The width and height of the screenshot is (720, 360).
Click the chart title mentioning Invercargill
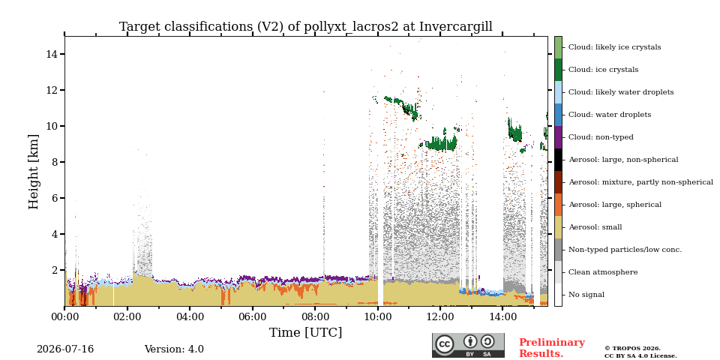click(x=306, y=27)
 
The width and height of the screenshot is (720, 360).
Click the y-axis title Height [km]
click(x=34, y=172)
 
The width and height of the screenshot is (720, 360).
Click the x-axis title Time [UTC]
click(x=305, y=332)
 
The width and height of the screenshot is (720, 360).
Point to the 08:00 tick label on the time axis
click(x=315, y=316)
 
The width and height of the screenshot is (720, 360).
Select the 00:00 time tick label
click(x=64, y=316)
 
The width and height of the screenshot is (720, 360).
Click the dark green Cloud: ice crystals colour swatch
click(x=558, y=70)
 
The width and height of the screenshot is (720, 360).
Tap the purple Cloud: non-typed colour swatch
click(x=558, y=137)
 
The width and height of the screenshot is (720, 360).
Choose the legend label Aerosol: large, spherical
click(x=615, y=205)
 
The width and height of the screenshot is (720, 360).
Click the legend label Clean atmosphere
click(x=603, y=272)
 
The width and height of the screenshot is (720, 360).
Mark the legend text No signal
click(x=586, y=295)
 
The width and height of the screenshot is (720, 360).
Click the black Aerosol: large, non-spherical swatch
click(x=558, y=160)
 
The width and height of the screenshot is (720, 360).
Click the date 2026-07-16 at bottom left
click(x=65, y=349)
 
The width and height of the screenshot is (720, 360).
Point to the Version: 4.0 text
click(x=174, y=349)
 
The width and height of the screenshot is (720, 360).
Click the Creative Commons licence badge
click(x=468, y=345)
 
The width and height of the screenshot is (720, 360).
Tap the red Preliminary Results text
click(x=552, y=348)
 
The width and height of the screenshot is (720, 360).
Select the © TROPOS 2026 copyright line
click(x=632, y=349)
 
